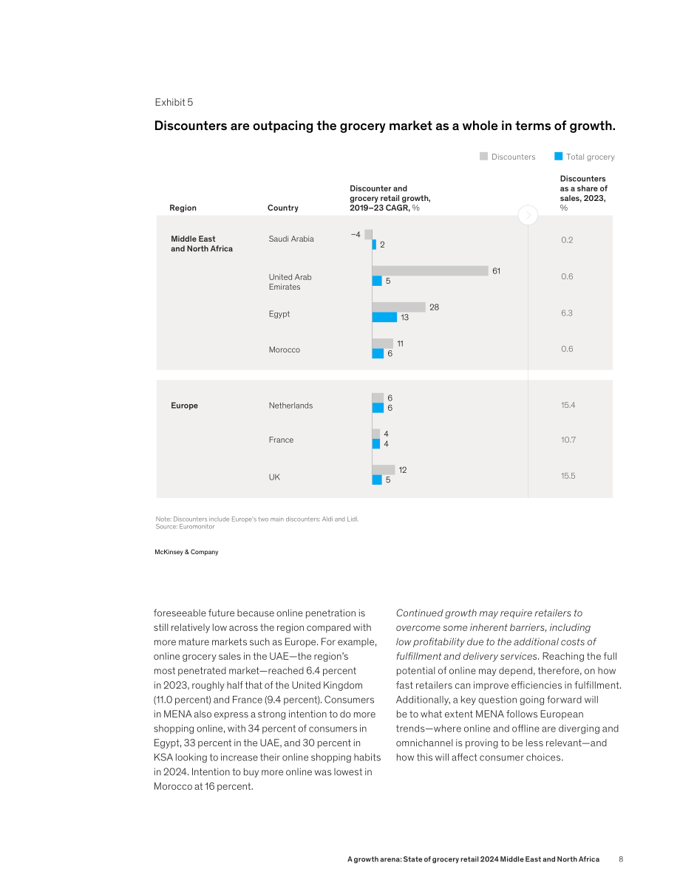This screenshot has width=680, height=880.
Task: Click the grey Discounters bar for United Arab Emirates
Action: click(430, 270)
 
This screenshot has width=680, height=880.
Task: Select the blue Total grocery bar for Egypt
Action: click(384, 317)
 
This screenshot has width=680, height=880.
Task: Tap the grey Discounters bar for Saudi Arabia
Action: click(368, 234)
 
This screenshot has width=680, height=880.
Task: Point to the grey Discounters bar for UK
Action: click(384, 470)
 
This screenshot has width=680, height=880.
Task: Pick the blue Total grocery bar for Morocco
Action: click(378, 354)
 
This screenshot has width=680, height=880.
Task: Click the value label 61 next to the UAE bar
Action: click(497, 271)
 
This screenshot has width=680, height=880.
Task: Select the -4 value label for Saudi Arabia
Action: click(356, 234)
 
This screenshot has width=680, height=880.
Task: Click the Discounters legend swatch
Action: click(483, 156)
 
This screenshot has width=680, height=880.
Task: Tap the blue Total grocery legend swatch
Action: click(558, 156)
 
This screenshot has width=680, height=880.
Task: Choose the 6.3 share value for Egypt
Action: click(567, 313)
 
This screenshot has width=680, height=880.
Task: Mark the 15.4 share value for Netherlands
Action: click(568, 405)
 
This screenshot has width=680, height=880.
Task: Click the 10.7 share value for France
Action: click(568, 440)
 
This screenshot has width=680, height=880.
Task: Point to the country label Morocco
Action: click(284, 349)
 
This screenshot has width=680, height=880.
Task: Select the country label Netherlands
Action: click(290, 406)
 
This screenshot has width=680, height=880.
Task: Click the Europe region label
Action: click(184, 406)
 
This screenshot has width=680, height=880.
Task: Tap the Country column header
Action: click(283, 208)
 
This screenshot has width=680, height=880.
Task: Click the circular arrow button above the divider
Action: click(528, 215)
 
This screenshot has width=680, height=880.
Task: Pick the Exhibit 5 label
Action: click(174, 102)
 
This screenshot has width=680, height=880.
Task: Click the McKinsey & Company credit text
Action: click(186, 552)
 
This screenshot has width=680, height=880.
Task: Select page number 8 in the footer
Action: click(621, 859)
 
